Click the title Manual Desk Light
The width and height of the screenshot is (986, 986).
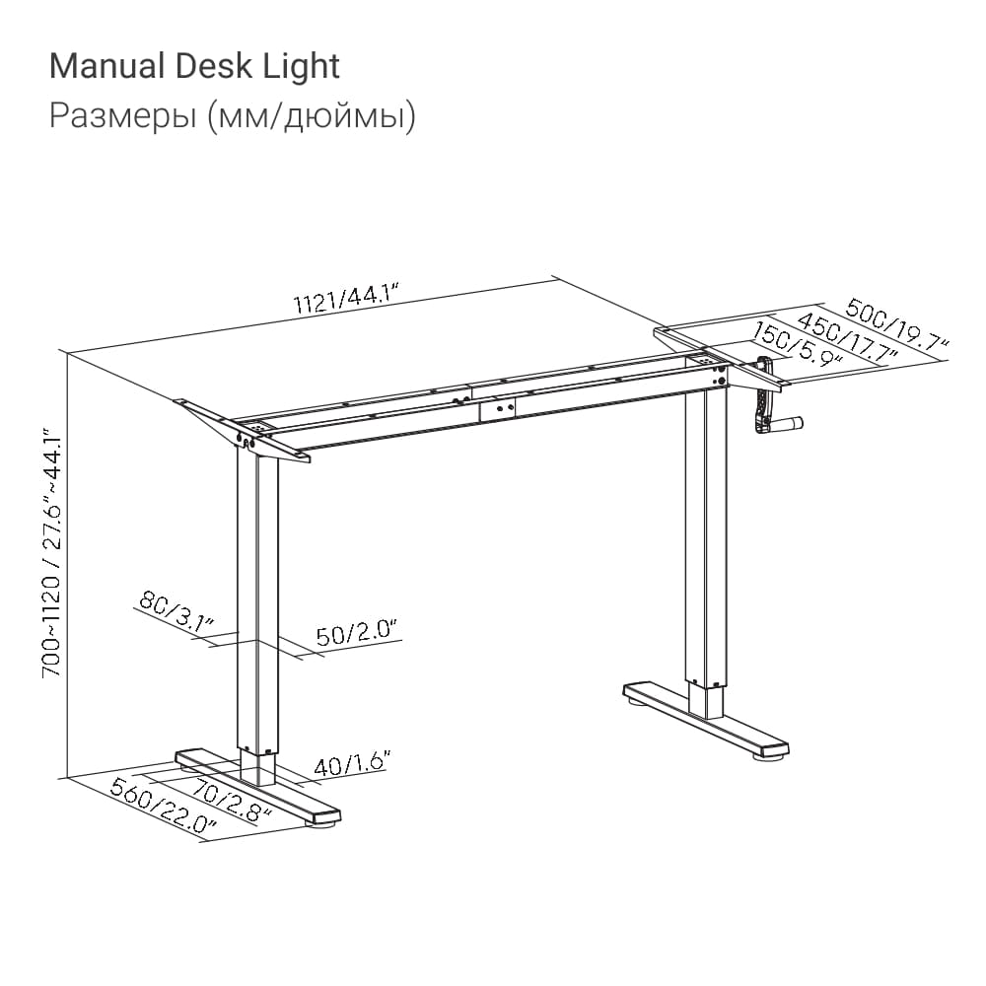tap(194, 67)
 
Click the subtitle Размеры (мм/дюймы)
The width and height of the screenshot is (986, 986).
tap(232, 116)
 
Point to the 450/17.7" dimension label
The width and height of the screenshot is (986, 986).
tap(848, 339)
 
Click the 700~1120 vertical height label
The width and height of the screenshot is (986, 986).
tap(52, 553)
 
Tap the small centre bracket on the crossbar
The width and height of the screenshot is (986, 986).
tap(497, 409)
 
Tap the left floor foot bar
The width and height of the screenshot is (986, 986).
tap(257, 786)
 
